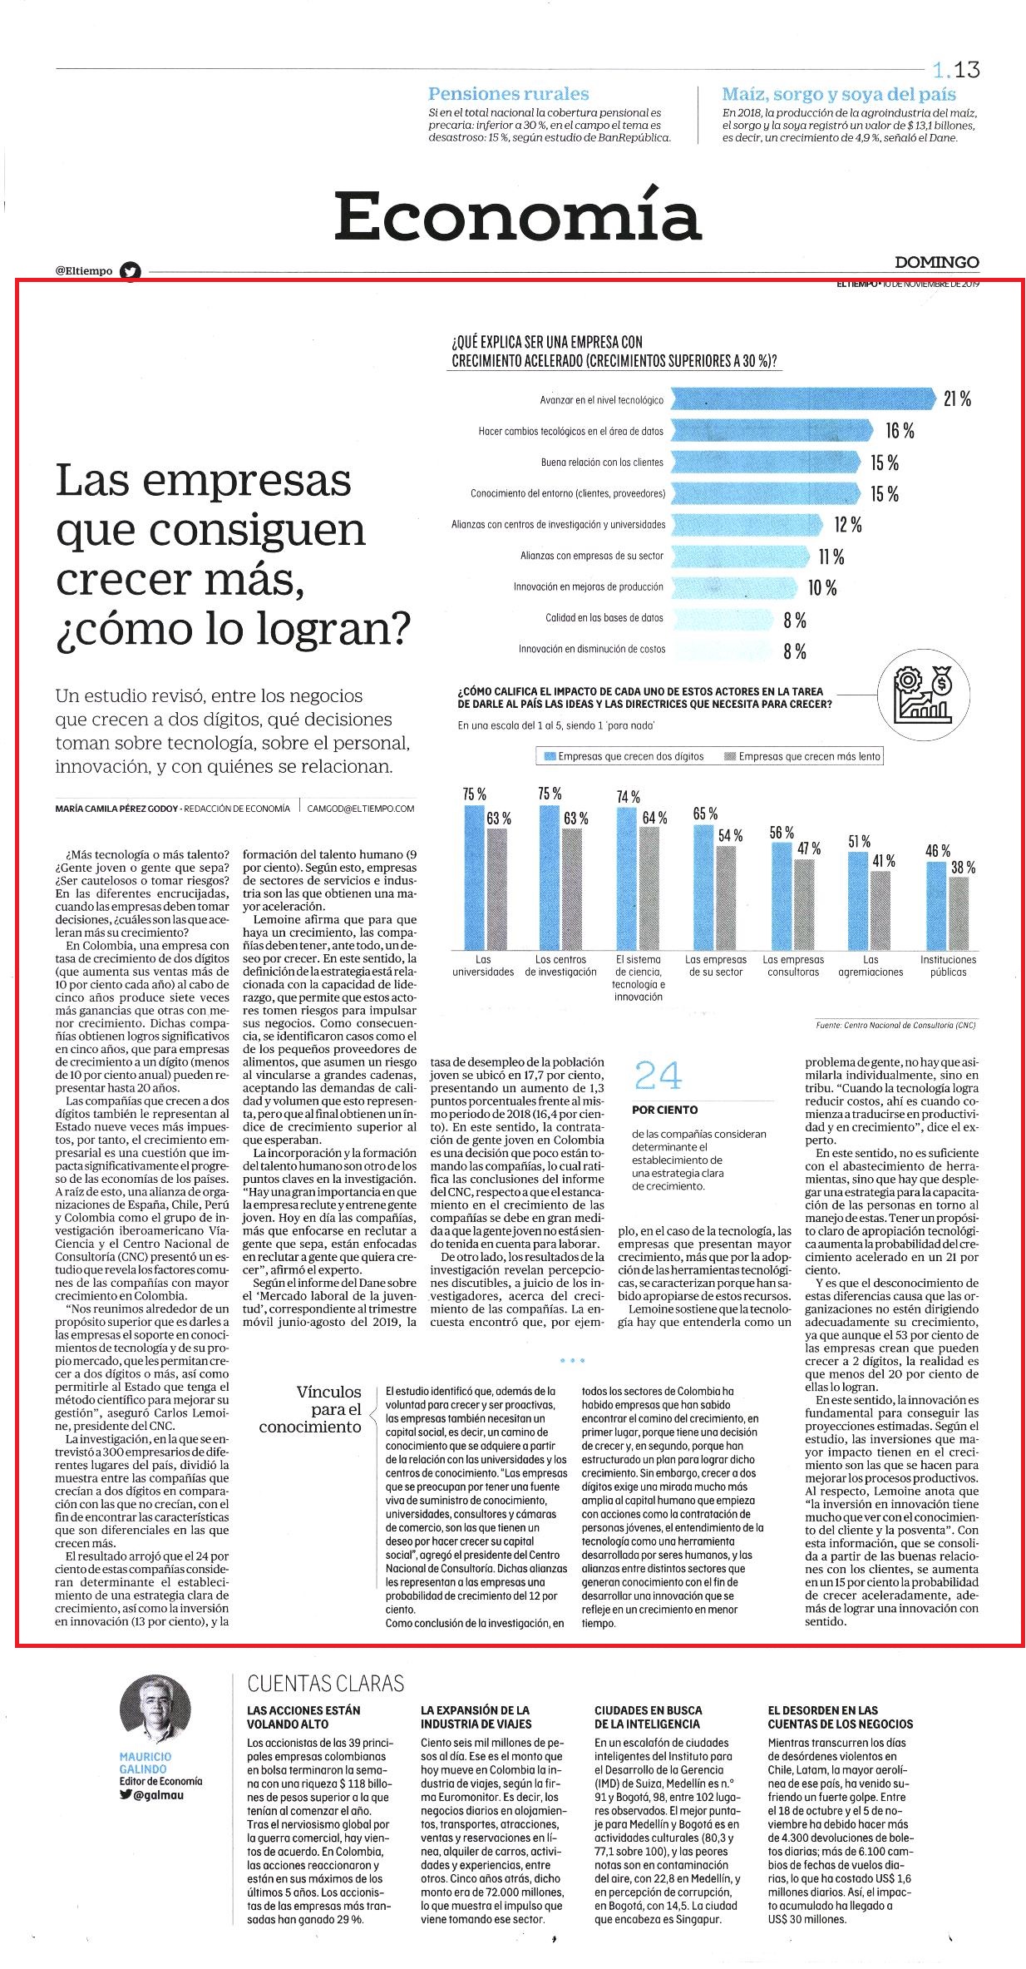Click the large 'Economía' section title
[518, 215]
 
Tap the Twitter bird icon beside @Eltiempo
[131, 270]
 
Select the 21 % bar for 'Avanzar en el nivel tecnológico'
[803, 399]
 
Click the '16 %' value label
[900, 431]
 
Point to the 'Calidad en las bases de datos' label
[604, 618]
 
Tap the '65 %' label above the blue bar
[705, 814]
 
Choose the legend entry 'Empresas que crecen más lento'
[802, 756]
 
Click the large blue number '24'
[658, 1076]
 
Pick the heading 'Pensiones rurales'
[508, 94]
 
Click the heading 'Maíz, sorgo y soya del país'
[839, 94]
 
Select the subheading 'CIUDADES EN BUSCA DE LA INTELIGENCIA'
[647, 1717]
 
